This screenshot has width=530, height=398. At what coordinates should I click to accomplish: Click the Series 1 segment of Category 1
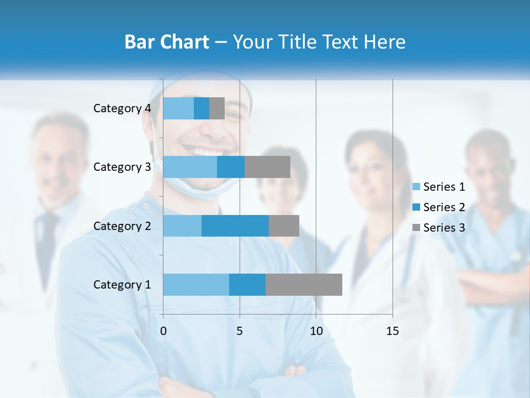[196, 284]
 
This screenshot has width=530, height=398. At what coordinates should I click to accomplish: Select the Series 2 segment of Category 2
[235, 226]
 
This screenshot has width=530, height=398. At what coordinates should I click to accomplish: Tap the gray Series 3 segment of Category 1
[304, 284]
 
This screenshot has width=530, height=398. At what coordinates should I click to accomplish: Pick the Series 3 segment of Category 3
[267, 167]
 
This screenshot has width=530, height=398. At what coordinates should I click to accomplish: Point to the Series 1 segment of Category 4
[178, 108]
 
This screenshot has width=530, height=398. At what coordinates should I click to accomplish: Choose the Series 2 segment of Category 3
[231, 167]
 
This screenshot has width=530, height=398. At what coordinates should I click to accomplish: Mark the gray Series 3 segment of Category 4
[217, 108]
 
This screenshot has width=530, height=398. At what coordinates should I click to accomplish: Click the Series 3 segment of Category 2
[284, 226]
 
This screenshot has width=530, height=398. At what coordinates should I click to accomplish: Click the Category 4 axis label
[122, 108]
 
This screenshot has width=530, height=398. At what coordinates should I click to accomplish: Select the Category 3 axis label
[122, 167]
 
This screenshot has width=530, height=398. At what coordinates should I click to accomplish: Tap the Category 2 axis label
[122, 226]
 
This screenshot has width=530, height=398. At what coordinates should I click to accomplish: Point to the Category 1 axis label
[122, 285]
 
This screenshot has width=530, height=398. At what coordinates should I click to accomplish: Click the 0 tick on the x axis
[163, 331]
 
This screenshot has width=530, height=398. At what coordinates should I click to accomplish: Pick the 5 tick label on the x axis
[240, 331]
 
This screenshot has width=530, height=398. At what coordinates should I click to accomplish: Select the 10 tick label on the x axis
[316, 331]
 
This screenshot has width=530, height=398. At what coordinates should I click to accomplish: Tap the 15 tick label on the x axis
[392, 331]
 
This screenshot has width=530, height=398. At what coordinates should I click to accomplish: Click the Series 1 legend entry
[439, 187]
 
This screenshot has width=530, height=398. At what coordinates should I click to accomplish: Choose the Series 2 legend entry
[439, 207]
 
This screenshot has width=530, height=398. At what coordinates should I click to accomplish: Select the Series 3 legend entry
[439, 228]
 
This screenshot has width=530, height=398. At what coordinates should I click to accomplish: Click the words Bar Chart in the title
[167, 42]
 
